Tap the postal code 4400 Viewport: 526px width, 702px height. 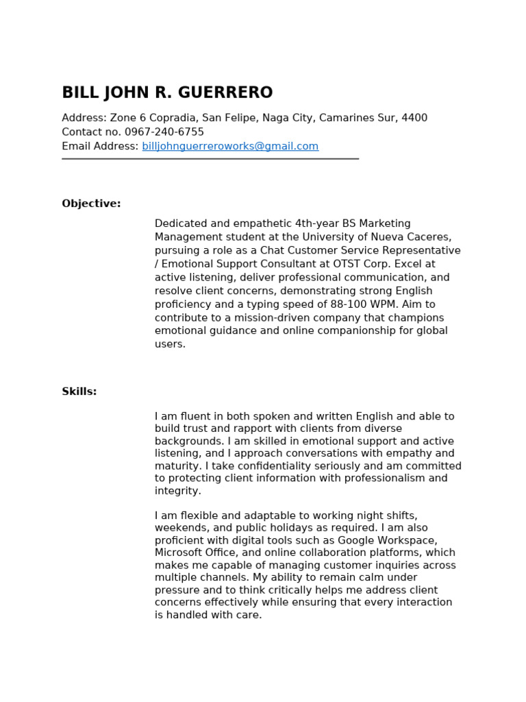point(414,118)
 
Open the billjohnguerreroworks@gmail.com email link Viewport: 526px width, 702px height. point(230,146)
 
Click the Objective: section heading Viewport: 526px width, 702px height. point(91,204)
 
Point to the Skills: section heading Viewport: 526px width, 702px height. point(79,391)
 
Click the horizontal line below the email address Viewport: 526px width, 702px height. point(210,159)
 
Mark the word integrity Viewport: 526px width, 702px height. point(177,491)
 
